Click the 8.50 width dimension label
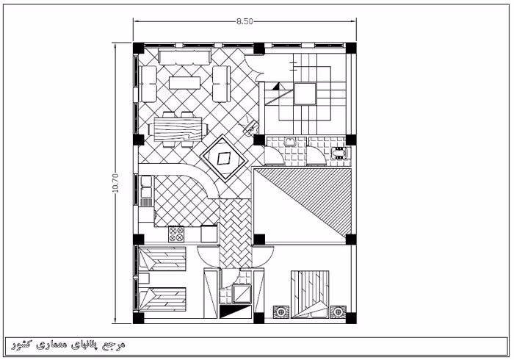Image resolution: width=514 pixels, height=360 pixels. coord(245,21)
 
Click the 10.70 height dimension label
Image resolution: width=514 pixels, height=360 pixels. coord(116,183)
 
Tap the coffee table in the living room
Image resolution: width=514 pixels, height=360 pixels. coord(184,82)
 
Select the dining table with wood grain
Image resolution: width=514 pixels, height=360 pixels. coord(178,129)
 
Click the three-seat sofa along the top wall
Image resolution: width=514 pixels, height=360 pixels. coord(185,57)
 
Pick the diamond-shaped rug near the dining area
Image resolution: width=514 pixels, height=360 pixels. coord(224,159)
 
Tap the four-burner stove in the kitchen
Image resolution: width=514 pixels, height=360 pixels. coord(176,234)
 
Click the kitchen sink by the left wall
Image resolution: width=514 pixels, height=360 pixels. coord(147,187)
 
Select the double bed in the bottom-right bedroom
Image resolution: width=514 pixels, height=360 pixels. coord(310,294)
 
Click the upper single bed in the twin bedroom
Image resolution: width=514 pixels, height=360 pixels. coord(162,259)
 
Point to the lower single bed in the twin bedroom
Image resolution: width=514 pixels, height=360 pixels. coord(162,299)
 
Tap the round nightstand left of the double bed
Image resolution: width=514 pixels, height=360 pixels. coord(281,312)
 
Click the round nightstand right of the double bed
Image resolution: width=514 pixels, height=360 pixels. coord(338,312)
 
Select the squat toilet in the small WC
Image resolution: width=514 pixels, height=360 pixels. coord(339,153)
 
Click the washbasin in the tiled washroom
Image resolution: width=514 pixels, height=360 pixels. coord(290,142)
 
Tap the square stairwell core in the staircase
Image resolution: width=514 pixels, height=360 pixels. coord(305,94)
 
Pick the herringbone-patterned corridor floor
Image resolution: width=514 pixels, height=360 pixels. coord(236,234)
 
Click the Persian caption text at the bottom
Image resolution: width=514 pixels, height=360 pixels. coord(68,345)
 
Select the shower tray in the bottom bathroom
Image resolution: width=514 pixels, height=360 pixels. coord(242,294)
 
